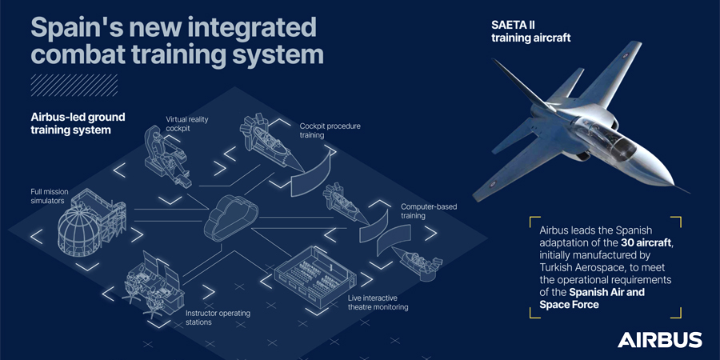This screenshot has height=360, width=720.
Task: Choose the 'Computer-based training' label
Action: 429,211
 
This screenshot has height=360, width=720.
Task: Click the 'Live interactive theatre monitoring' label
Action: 378,302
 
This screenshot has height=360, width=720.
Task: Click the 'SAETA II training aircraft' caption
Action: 530,31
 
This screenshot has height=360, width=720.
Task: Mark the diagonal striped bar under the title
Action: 74,85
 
